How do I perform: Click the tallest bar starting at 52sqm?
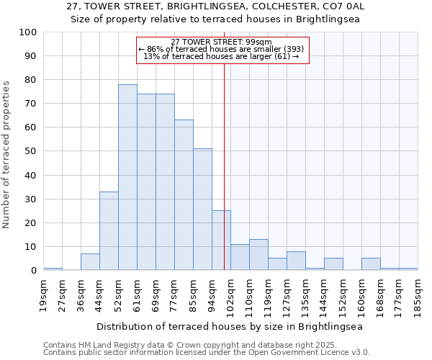click(x=127, y=177)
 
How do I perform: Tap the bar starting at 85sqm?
click(x=202, y=210)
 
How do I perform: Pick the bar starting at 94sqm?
click(x=221, y=240)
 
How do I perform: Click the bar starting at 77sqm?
click(x=184, y=195)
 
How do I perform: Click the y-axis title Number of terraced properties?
click(x=6, y=155)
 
